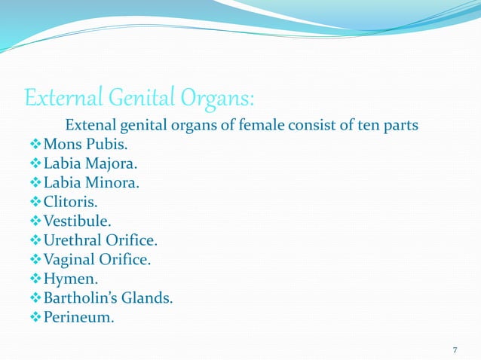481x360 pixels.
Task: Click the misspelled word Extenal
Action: tap(92, 124)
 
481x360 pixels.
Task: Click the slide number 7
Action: tap(455, 350)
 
